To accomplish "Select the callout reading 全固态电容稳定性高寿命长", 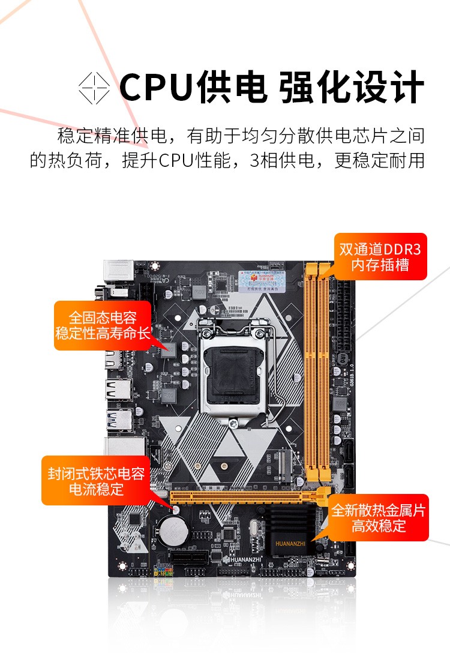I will (x=103, y=325).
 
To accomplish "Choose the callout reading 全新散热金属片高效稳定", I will (x=379, y=518).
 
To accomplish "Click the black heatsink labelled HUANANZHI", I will (x=290, y=528).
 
